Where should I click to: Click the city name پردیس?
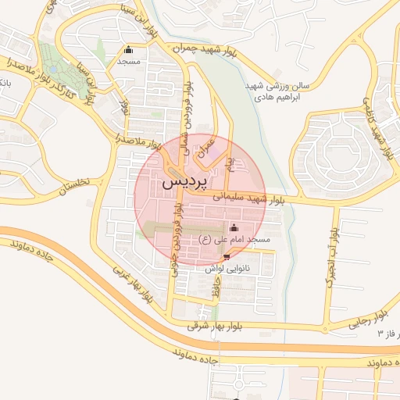tap(186, 182)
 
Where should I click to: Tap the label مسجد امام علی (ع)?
tap(235, 239)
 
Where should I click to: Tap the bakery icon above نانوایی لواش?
tap(227, 255)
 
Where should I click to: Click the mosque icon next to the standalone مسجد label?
tap(128, 50)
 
